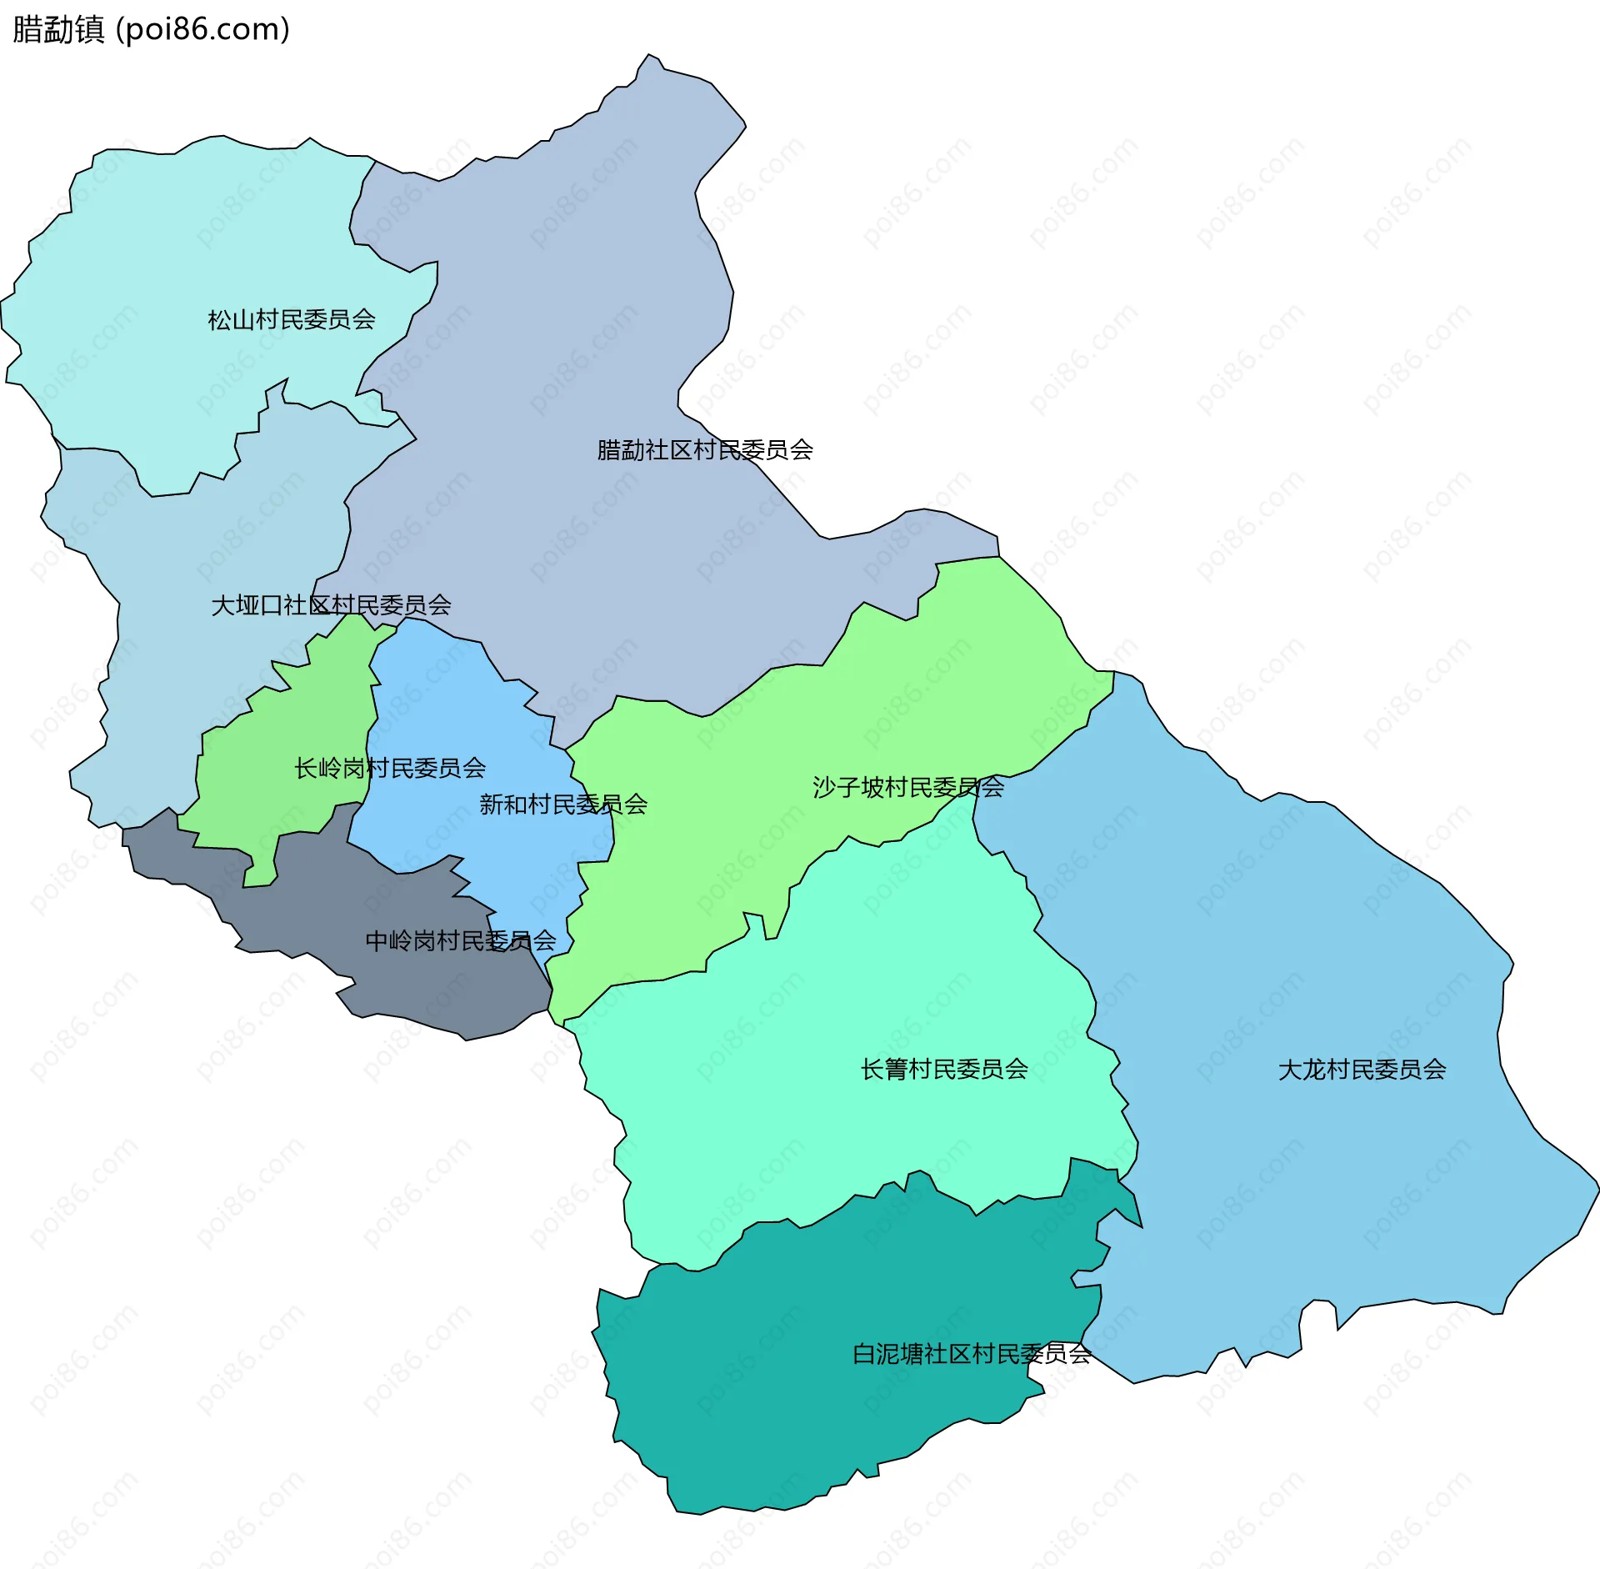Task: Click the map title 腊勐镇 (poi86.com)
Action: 150,29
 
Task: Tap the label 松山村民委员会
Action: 292,319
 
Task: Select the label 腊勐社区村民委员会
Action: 705,450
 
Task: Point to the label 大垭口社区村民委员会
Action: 331,605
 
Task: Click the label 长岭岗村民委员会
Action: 390,768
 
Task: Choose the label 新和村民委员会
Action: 563,805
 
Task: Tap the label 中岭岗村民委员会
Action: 461,941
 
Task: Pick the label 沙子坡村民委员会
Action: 908,787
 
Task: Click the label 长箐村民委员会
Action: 944,1070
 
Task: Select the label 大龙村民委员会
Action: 1362,1070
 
